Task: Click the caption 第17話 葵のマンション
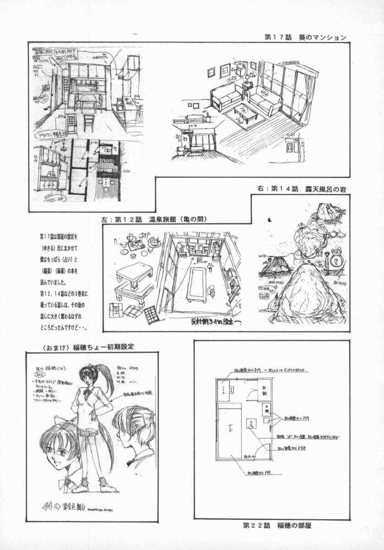[305, 38]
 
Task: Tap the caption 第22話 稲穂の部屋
[277, 525]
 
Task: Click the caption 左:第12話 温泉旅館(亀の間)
[155, 219]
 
